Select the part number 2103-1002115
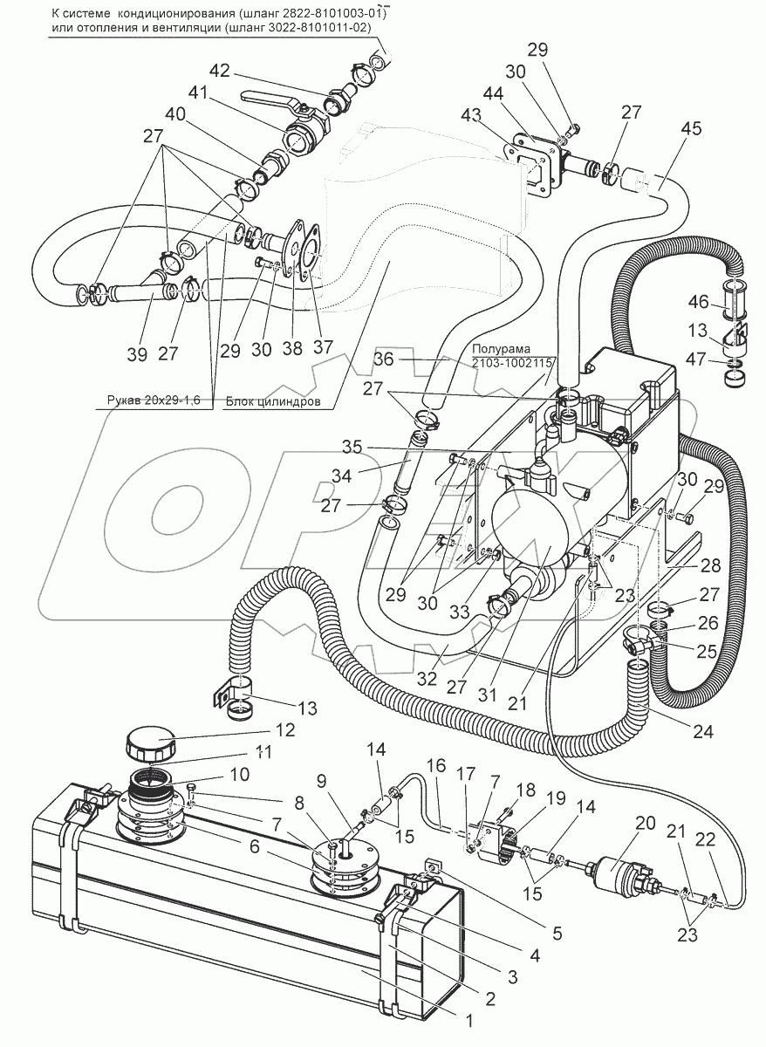click(510, 363)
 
